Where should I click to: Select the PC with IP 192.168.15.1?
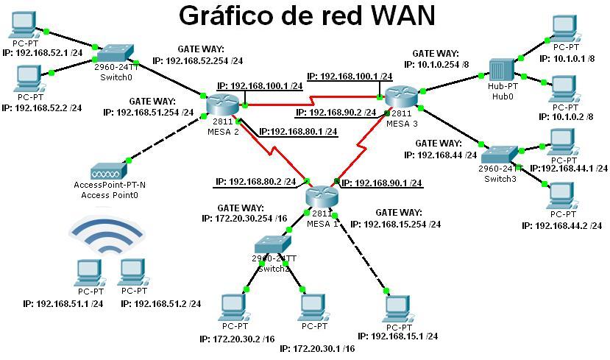[x=397, y=307]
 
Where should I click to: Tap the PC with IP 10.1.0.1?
[x=562, y=32]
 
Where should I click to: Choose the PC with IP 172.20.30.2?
[x=234, y=306]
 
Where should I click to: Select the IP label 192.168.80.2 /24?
[x=255, y=181]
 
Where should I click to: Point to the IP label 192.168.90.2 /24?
[x=336, y=113]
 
